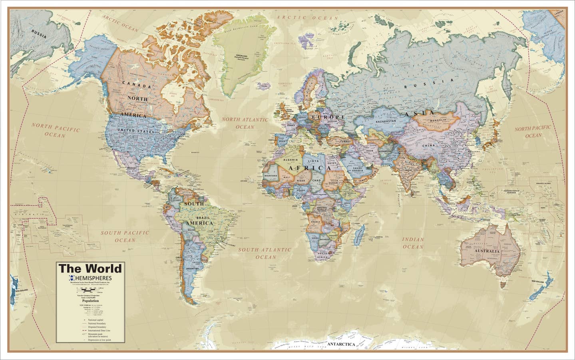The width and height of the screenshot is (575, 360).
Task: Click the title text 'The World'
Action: coord(90,268)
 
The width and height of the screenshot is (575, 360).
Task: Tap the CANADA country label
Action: coord(136,85)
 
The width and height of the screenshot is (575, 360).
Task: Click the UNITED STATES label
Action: coord(135,131)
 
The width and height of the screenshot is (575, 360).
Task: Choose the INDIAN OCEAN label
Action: coord(413,243)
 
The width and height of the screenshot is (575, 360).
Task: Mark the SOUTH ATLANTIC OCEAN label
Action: coord(265,253)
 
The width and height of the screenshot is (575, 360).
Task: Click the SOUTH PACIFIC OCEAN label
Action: coord(125,236)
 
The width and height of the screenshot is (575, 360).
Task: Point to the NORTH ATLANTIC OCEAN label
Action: coord(245,123)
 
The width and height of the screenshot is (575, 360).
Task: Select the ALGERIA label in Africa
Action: coord(292,160)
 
